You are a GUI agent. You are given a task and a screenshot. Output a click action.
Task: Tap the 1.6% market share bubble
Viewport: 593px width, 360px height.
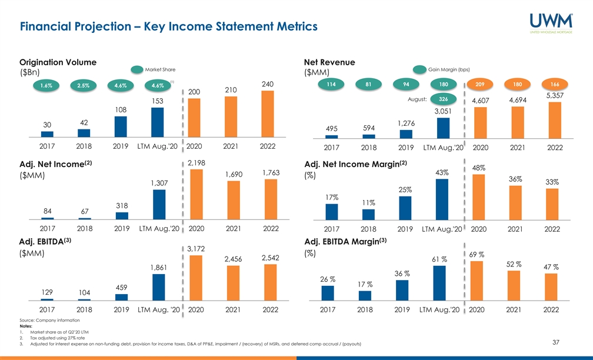click(46, 85)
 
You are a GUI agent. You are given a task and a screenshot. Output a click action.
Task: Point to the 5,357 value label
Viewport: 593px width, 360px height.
click(555, 95)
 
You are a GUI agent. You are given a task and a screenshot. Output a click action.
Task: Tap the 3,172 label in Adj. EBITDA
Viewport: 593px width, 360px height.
click(196, 249)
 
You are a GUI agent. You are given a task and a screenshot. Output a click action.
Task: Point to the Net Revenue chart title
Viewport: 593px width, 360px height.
click(329, 62)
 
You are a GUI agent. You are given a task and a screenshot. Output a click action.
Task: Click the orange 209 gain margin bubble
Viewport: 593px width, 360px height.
click(479, 85)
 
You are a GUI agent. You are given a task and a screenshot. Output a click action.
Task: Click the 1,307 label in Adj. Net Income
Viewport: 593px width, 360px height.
click(159, 184)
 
